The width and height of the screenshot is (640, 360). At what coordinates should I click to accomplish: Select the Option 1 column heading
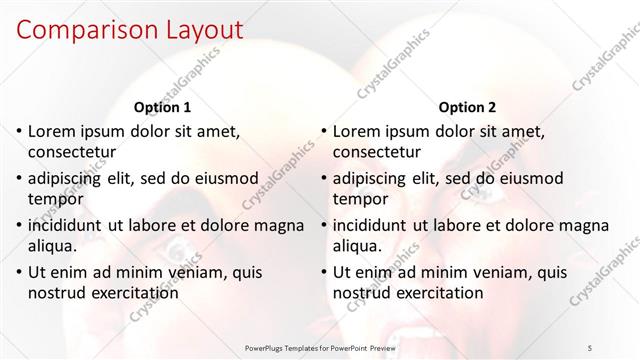[x=162, y=107]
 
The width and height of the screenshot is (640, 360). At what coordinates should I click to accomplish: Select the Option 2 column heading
[x=466, y=107]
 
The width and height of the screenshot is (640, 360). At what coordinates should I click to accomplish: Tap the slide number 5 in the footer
[x=619, y=347]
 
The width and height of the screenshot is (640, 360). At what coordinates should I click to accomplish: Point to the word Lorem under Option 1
[x=51, y=131]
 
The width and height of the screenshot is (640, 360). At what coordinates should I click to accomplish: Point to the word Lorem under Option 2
[x=355, y=131]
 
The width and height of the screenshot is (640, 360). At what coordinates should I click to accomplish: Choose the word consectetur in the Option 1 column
[x=72, y=153]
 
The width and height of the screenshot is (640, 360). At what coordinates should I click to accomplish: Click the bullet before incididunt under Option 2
[x=324, y=226]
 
